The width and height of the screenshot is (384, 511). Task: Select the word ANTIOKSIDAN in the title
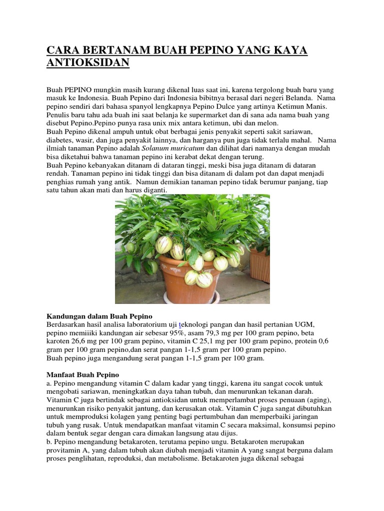[88, 63]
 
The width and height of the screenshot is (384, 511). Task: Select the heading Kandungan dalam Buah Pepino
[99, 316]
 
